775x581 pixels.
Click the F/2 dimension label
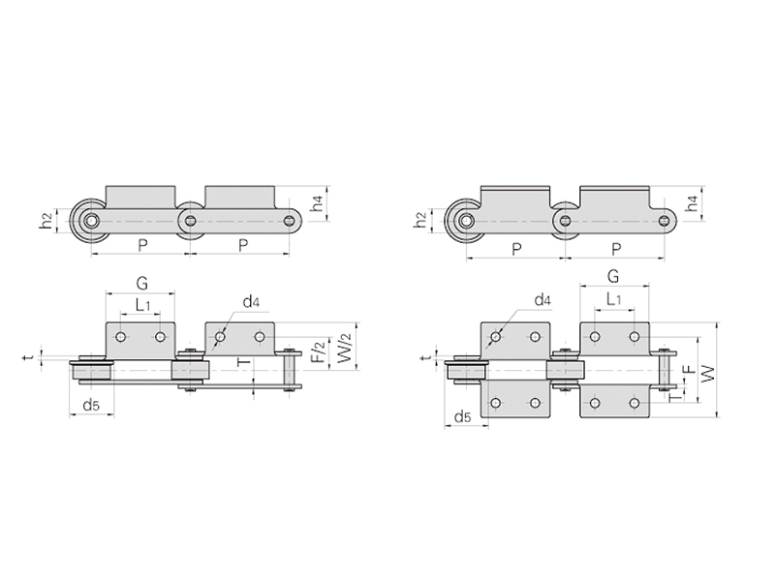click(320, 352)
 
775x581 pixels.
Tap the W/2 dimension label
click(344, 348)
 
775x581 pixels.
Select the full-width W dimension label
click(708, 373)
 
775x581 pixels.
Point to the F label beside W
click(689, 370)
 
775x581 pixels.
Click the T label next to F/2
click(244, 362)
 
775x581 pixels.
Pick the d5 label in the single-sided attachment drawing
click(91, 406)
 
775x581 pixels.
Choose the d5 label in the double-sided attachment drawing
click(462, 417)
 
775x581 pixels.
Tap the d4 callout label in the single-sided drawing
click(251, 301)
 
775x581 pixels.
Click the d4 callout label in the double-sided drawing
click(542, 299)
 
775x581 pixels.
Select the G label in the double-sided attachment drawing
click(613, 276)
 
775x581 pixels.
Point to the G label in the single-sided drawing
click(141, 283)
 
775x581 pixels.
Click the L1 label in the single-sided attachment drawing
click(142, 305)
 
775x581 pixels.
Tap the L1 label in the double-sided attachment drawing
click(613, 299)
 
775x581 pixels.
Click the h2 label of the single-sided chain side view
click(46, 221)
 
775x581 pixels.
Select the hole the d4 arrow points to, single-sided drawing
click(220, 337)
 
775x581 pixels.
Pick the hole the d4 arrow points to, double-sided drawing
click(496, 337)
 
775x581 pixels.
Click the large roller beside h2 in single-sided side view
click(91, 221)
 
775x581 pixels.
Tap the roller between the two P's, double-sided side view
click(565, 221)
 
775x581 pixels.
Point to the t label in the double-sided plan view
click(428, 356)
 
